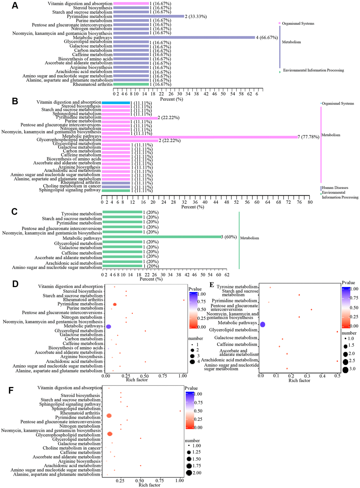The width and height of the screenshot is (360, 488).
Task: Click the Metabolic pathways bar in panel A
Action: [184, 37]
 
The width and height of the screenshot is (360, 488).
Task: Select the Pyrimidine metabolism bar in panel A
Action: [149, 16]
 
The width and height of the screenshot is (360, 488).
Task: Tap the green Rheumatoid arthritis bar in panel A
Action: [131, 84]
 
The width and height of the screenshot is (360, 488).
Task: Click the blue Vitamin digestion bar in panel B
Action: [116, 102]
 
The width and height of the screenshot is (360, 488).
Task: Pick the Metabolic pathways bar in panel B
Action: [200, 137]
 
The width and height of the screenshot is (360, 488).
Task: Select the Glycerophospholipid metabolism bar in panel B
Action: [130, 140]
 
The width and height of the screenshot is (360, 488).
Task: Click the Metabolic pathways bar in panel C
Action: [162, 237]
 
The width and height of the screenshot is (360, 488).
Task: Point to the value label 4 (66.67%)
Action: [267, 37]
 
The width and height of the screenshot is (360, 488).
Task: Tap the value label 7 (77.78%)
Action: [308, 137]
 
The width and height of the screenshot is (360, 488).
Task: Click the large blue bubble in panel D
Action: [108, 327]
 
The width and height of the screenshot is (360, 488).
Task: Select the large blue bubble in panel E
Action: [262, 324]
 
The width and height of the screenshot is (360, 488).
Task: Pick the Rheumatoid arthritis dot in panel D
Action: [184, 300]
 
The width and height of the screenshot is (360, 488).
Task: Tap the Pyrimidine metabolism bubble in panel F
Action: [109, 416]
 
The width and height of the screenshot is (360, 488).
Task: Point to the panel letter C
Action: [14, 212]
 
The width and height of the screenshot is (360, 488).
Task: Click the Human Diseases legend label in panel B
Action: [335, 188]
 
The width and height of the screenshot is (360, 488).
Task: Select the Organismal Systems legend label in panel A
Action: [298, 24]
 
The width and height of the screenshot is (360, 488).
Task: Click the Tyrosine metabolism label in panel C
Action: [82, 214]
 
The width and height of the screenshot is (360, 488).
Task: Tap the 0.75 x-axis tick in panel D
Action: [163, 376]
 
